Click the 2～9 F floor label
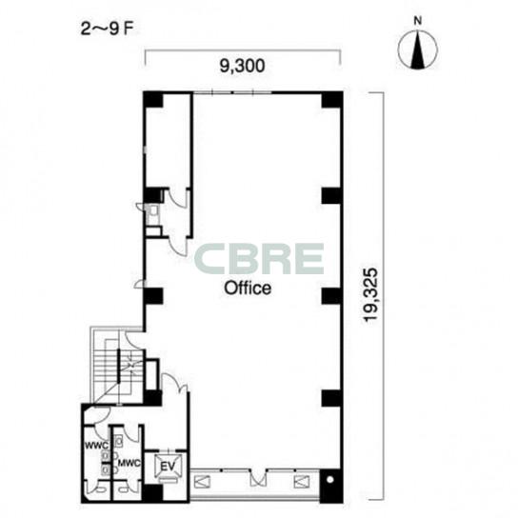tap(107, 30)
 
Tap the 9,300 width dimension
tap(243, 66)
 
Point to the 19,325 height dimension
tap(370, 294)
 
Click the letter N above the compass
tap(418, 21)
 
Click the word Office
tap(248, 288)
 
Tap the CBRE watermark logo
tap(259, 259)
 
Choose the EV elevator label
tap(168, 467)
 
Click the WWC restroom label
tap(96, 446)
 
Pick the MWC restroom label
tap(129, 463)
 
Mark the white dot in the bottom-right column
tap(329, 480)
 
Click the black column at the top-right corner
tap(331, 100)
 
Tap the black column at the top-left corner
tap(153, 100)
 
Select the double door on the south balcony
tap(258, 478)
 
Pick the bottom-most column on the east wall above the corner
tap(331, 398)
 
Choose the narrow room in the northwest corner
tap(169, 141)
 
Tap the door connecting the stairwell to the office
tap(133, 340)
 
